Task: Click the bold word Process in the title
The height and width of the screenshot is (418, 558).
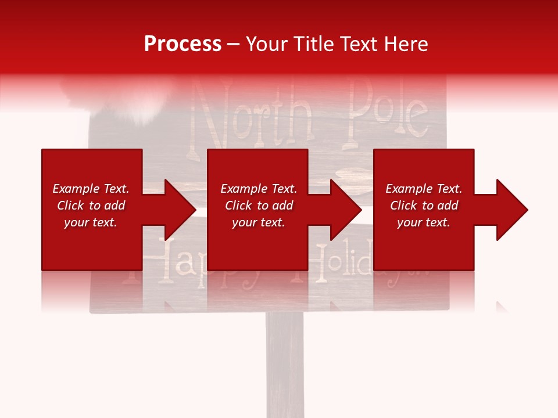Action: coord(183,44)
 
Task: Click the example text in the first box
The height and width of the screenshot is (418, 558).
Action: coord(91,206)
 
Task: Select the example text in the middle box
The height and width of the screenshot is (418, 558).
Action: coord(259,206)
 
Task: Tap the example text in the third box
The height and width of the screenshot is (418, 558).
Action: coord(424,206)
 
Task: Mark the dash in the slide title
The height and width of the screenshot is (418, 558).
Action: coord(234,45)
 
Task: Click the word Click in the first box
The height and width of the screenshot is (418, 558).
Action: coord(70,206)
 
